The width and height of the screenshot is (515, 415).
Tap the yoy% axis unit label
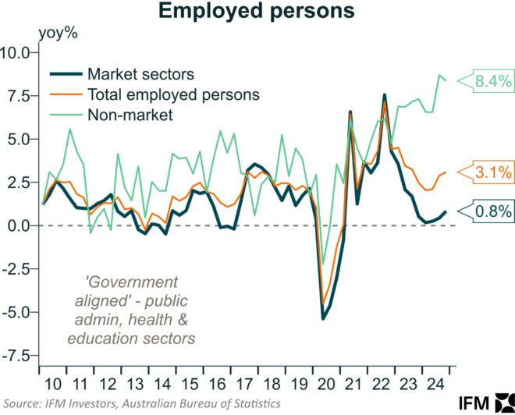(x=55, y=34)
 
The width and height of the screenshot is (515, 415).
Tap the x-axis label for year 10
(x=51, y=384)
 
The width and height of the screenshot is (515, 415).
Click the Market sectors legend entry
(x=140, y=75)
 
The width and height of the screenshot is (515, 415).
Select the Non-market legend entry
(x=130, y=115)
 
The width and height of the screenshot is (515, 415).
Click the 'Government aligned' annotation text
(x=130, y=310)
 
